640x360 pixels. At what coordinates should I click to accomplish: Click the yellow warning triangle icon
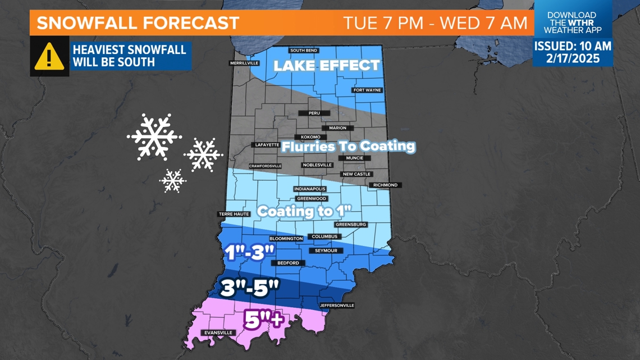tap(49, 56)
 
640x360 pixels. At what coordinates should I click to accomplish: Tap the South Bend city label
tap(304, 51)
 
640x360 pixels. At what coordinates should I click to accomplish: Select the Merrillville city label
tap(244, 63)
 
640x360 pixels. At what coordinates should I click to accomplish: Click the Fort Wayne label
tap(367, 90)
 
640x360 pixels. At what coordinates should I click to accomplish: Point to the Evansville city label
tap(218, 332)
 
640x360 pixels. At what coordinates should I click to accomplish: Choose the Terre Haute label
tap(233, 214)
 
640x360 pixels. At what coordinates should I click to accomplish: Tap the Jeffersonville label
tap(337, 306)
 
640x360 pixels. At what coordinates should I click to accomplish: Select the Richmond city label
tap(385, 185)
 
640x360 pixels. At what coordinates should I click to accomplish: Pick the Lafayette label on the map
tap(267, 145)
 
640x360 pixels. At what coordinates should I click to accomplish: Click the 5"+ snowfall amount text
tap(263, 320)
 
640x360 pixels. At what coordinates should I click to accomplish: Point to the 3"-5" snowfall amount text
tap(250, 287)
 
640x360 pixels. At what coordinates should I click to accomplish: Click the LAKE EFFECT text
tap(327, 66)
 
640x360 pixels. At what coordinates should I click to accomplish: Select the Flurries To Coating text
tap(348, 147)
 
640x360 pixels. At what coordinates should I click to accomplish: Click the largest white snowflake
tap(153, 136)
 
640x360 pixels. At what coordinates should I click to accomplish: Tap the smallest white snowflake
tap(173, 180)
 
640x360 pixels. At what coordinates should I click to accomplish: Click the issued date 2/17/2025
tap(572, 58)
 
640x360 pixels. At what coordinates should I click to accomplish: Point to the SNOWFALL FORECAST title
tap(138, 24)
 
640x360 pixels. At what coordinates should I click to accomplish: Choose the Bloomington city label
tap(286, 239)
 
